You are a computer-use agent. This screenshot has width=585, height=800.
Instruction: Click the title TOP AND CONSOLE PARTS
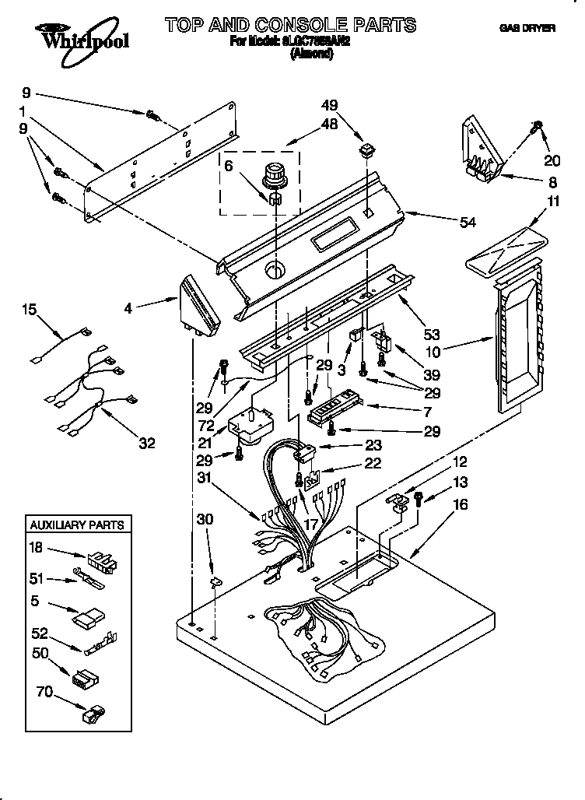(x=290, y=25)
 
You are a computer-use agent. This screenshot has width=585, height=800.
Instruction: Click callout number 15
(x=29, y=310)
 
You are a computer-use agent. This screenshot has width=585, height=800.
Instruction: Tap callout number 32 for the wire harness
(x=146, y=444)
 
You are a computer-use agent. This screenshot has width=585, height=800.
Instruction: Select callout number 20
(x=552, y=160)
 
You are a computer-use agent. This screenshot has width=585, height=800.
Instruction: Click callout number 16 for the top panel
(x=460, y=505)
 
